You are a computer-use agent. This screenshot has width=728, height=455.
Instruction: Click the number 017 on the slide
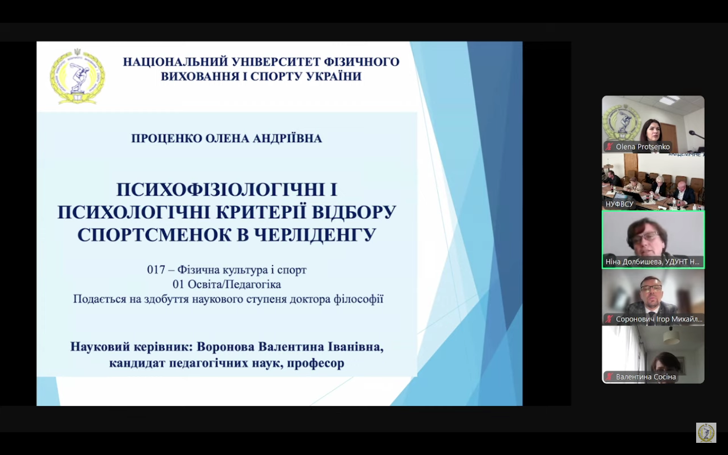(156, 270)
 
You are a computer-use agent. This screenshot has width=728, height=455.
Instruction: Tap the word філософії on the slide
(358, 299)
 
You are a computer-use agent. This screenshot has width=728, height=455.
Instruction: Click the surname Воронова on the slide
(225, 347)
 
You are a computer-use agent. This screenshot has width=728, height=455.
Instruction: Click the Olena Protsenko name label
(643, 147)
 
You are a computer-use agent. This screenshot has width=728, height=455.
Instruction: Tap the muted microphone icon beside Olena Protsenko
(609, 147)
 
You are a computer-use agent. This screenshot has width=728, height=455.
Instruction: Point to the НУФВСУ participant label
(619, 204)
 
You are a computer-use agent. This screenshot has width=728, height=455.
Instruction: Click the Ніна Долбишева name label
(652, 262)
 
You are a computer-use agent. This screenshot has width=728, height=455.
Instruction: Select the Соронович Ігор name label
(659, 319)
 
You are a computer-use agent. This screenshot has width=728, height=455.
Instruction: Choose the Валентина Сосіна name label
(646, 377)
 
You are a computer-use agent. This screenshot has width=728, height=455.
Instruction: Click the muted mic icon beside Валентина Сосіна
(609, 377)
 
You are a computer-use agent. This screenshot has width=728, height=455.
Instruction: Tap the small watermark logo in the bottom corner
(706, 433)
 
